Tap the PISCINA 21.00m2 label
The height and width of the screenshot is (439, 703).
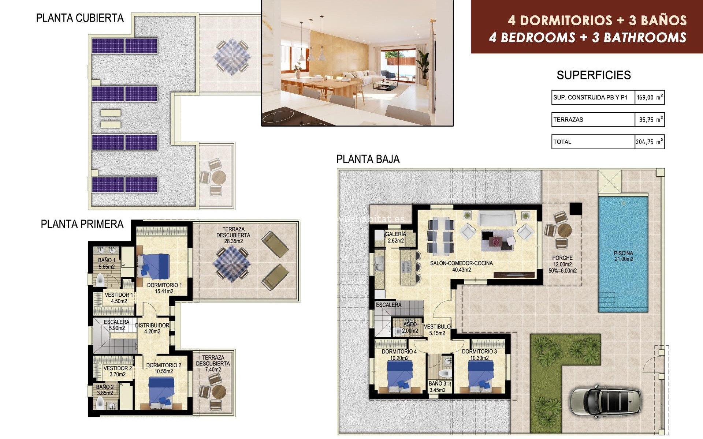coord(623,256)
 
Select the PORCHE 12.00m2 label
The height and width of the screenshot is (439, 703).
coord(562,261)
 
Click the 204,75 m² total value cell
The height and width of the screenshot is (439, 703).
coord(649,142)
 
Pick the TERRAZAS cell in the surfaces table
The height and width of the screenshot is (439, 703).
coord(592,120)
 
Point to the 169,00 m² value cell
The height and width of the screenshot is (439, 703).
coord(649,98)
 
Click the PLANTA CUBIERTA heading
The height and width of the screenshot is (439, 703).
coord(80,18)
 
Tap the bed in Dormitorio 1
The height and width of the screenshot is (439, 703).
coord(155,266)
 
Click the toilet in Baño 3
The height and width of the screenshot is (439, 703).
coord(445,374)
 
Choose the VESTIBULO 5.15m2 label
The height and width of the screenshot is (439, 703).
coord(437,330)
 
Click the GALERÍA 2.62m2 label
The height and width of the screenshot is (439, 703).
coord(395,237)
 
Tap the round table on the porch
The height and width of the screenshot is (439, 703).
coord(564,230)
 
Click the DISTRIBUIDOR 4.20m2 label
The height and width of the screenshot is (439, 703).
coord(152,328)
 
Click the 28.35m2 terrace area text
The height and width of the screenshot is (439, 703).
coord(233,241)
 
